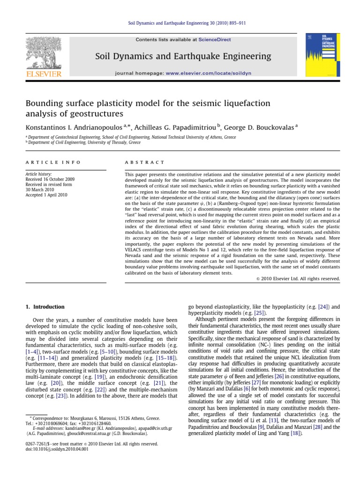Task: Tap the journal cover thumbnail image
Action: pyautogui.click(x=316, y=55)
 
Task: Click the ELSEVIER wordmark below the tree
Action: pyautogui.click(x=43, y=74)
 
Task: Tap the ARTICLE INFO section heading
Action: pyautogui.click(x=52, y=162)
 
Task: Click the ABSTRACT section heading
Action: pyautogui.click(x=144, y=162)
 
